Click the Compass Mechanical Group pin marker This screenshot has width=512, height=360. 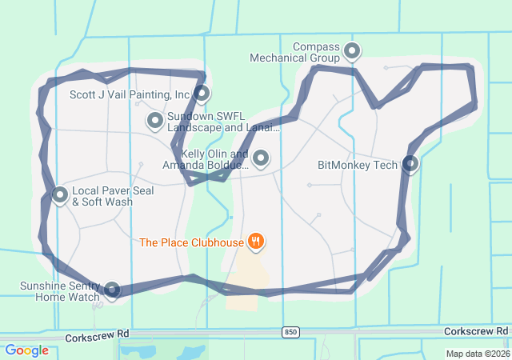point(352,52)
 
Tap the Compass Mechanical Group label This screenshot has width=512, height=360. point(295,52)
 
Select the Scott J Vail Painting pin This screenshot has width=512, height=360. point(202,93)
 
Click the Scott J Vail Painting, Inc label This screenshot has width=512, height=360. point(130,94)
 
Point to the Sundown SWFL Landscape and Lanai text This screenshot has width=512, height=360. point(223,122)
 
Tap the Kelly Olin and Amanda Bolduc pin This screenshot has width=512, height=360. point(261,158)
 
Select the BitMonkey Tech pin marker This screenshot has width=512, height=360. point(410,164)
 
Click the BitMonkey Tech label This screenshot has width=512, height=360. point(358,166)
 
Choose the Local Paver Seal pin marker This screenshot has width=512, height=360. point(60,194)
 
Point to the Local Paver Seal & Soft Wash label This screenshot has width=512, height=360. point(113,197)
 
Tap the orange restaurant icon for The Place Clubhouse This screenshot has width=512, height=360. point(256,240)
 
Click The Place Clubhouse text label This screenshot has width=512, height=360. point(190,242)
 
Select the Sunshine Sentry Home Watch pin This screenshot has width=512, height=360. point(112,290)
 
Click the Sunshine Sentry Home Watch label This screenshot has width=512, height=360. point(60,291)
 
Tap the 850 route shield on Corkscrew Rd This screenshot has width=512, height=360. point(290,331)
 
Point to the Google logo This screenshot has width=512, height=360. point(27,350)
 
